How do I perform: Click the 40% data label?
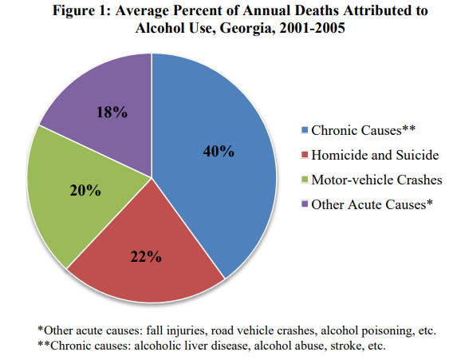(x=219, y=151)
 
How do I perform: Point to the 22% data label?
(x=146, y=256)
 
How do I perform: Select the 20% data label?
(x=85, y=190)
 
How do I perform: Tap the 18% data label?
(x=112, y=112)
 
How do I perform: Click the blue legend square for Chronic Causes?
(x=305, y=130)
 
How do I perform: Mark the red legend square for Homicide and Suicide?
(x=305, y=155)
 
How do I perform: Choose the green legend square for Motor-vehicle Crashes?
(x=305, y=180)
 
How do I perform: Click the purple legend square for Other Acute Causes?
(x=305, y=204)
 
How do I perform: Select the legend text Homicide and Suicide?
(x=375, y=155)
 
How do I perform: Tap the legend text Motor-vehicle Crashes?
(x=377, y=180)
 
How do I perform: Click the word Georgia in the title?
(x=247, y=29)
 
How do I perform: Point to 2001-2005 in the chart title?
(x=312, y=28)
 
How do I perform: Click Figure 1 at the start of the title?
(x=82, y=11)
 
